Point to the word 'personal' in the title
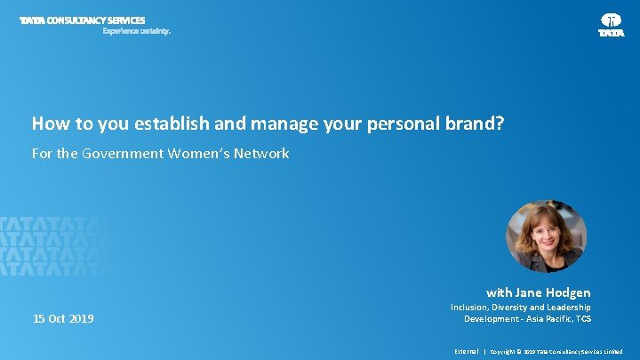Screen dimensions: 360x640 [400, 124]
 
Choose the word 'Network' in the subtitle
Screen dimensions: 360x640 [262, 154]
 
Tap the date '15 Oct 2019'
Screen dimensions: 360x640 [63, 318]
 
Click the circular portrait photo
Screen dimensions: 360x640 [546, 236]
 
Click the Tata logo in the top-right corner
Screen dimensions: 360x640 [612, 24]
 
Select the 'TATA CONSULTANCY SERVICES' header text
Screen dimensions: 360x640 [83, 20]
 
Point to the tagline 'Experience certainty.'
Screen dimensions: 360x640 [136, 30]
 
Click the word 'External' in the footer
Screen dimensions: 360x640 [466, 351]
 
